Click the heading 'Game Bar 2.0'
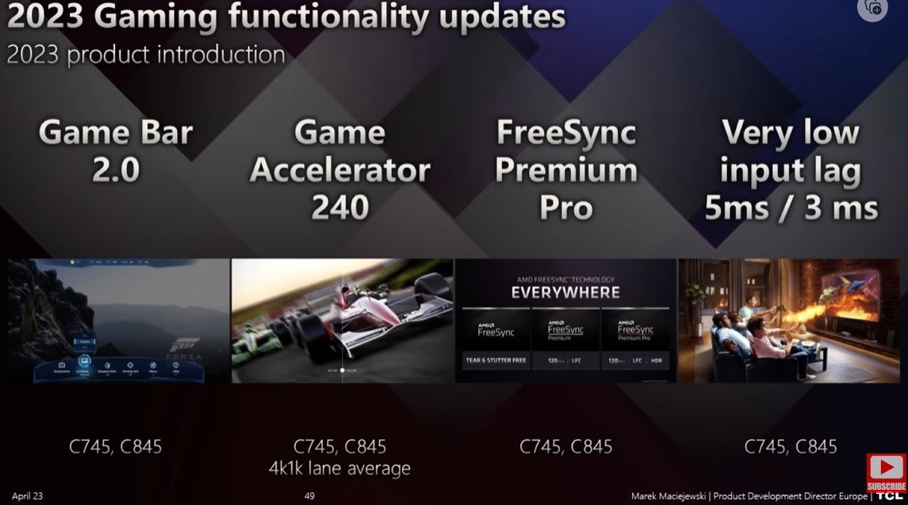[116, 151]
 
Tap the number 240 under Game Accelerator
[339, 207]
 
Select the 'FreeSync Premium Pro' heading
[565, 170]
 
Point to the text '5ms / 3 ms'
[791, 207]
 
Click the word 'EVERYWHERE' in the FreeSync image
[565, 293]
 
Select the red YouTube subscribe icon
[886, 471]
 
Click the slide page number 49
[310, 496]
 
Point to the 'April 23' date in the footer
[28, 496]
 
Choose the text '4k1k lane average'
[339, 469]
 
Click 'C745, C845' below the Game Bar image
[116, 446]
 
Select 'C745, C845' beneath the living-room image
[791, 446]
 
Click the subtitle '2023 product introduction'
[146, 55]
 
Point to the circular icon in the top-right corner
[872, 7]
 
